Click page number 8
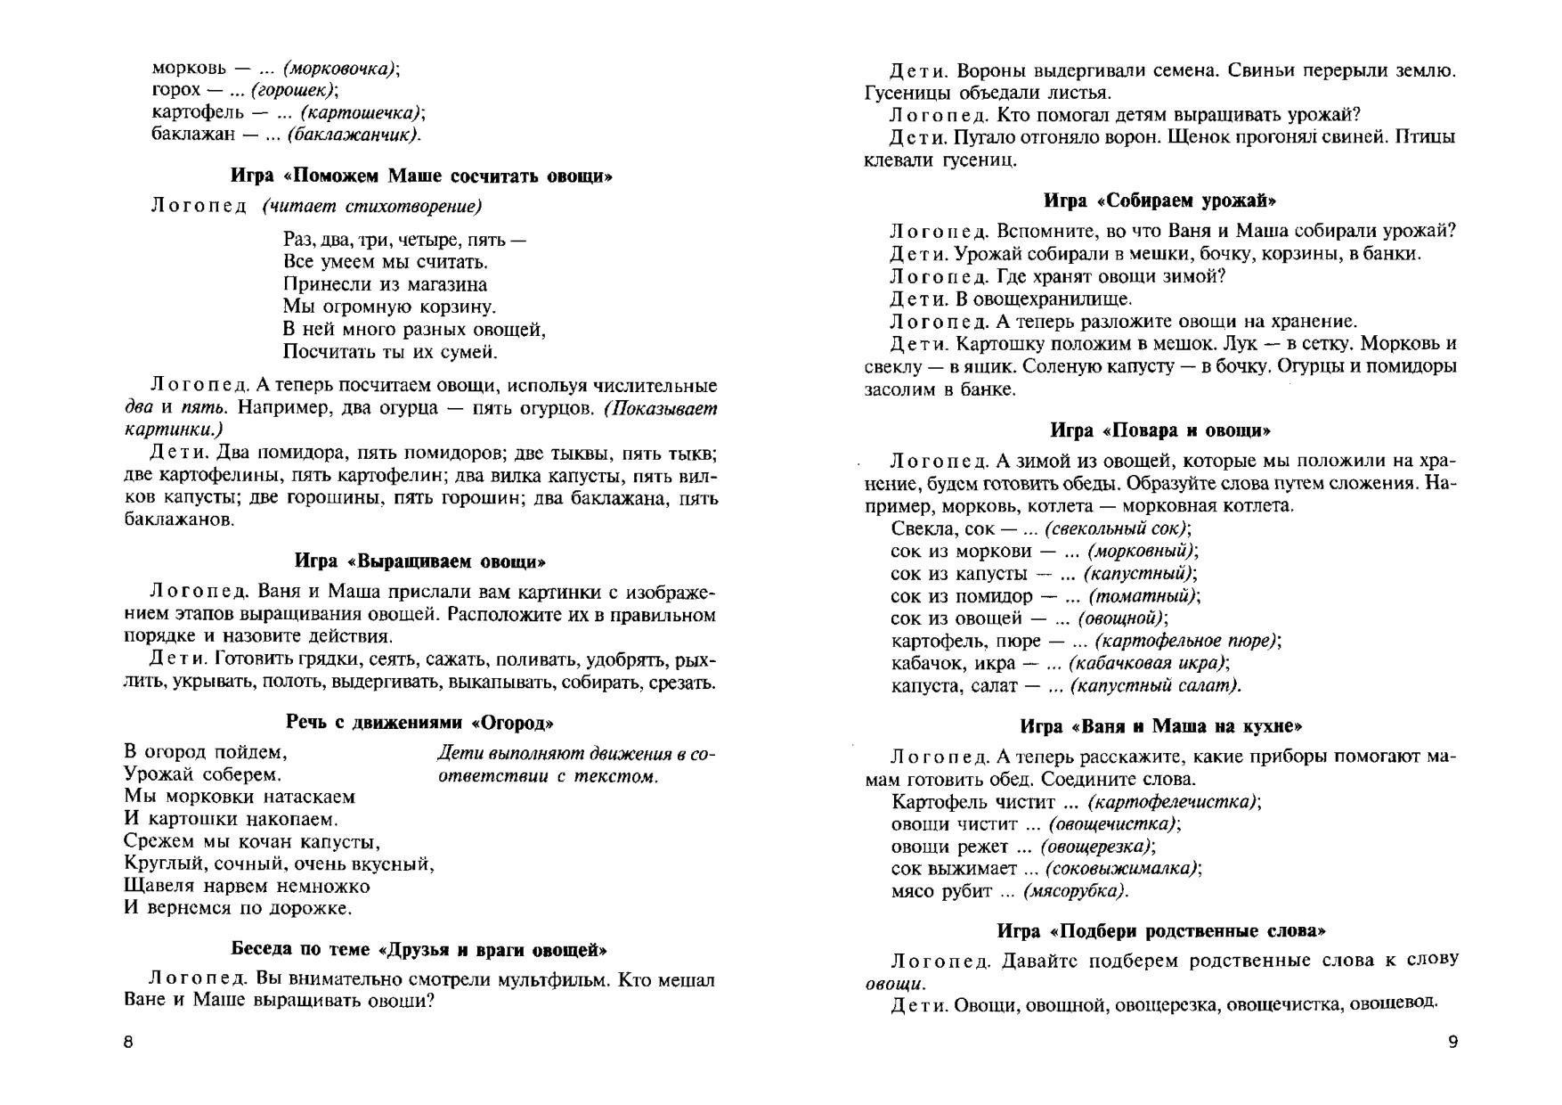point(128,1043)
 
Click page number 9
point(1453,1043)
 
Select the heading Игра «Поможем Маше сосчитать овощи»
point(421,176)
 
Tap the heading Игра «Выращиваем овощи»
point(420,561)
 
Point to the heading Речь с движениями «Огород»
point(420,722)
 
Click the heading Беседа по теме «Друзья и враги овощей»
point(419,950)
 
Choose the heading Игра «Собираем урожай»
point(1160,200)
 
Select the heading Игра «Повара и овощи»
point(1160,430)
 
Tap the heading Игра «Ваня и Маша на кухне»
point(1161,726)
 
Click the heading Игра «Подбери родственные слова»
point(1161,931)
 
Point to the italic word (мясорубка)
point(1076,891)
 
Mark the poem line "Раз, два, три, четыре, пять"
point(404,240)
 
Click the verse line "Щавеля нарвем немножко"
point(247,887)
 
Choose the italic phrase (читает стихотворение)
point(371,207)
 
